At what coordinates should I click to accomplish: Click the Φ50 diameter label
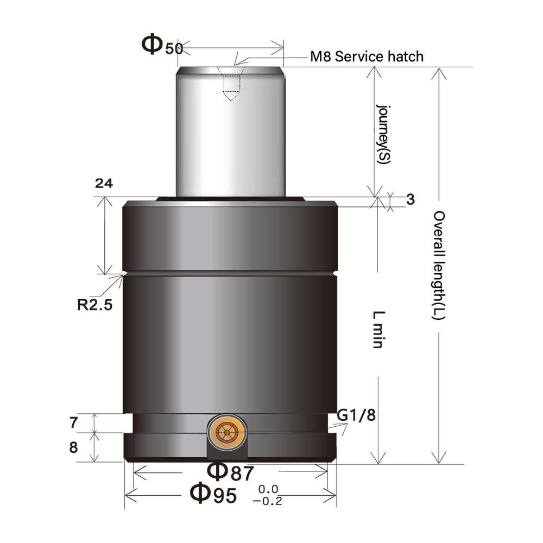pyautogui.click(x=162, y=46)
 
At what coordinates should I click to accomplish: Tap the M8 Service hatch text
pyautogui.click(x=367, y=56)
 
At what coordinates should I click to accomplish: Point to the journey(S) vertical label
pyautogui.click(x=384, y=135)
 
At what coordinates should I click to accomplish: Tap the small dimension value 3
pyautogui.click(x=410, y=200)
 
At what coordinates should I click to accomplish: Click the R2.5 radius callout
pyautogui.click(x=94, y=304)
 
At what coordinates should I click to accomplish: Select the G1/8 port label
pyautogui.click(x=356, y=415)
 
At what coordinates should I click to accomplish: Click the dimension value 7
pyautogui.click(x=74, y=422)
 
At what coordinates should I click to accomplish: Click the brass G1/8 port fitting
pyautogui.click(x=226, y=433)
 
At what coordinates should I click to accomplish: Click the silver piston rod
pyautogui.click(x=230, y=136)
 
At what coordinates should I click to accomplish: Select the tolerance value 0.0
pyautogui.click(x=268, y=489)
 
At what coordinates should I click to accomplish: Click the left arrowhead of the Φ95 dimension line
pyautogui.click(x=130, y=495)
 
